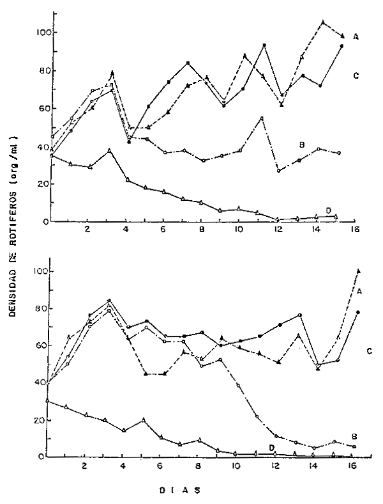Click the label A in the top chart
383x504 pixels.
(356, 37)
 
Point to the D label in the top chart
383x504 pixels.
(327, 210)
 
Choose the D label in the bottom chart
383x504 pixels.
(271, 446)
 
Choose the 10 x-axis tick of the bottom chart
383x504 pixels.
(237, 466)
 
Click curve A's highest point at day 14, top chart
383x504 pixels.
(323, 22)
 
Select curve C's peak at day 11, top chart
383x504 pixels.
(264, 45)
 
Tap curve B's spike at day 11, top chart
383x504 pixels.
(262, 118)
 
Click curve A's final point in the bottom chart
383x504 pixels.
(358, 271)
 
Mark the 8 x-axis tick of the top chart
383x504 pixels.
(201, 230)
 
